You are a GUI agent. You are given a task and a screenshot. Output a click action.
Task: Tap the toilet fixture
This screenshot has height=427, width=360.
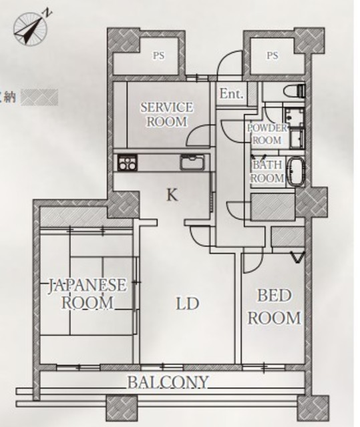pyautogui.click(x=295, y=91)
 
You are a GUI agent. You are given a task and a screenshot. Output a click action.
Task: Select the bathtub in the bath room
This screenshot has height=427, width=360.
pyautogui.click(x=296, y=172)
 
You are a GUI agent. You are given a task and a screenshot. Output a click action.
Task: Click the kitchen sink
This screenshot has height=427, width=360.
pyautogui.click(x=192, y=162)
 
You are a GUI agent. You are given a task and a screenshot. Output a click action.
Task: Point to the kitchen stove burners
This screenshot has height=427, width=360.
pyautogui.click(x=128, y=162)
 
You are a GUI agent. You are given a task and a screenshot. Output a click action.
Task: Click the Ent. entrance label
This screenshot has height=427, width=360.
pyautogui.click(x=231, y=93)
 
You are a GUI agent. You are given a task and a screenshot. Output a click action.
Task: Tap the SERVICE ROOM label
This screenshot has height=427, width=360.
pyautogui.click(x=167, y=114)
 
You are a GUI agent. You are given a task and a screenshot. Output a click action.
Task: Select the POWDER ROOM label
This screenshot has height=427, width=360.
pyautogui.click(x=267, y=134)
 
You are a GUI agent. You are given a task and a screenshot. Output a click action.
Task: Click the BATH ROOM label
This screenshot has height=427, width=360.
pyautogui.click(x=267, y=171)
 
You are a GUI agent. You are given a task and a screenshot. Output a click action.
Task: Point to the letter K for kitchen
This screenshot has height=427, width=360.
pyautogui.click(x=172, y=195)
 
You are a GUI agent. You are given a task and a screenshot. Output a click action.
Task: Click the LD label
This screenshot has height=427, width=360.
pyautogui.click(x=188, y=304)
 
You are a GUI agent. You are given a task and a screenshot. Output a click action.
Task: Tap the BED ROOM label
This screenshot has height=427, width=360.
pyautogui.click(x=274, y=307)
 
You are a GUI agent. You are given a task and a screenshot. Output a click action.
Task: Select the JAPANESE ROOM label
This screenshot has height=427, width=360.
pyautogui.click(x=87, y=294)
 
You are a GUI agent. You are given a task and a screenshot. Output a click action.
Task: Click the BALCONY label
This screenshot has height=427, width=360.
pyautogui.click(x=168, y=382)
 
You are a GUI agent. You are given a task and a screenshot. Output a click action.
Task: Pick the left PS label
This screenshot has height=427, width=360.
pyautogui.click(x=158, y=56)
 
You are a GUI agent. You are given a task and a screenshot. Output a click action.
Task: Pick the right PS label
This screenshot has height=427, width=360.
pyautogui.click(x=273, y=55)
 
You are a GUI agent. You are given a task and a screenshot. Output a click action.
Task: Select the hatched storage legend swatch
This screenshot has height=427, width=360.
pyautogui.click(x=40, y=97)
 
